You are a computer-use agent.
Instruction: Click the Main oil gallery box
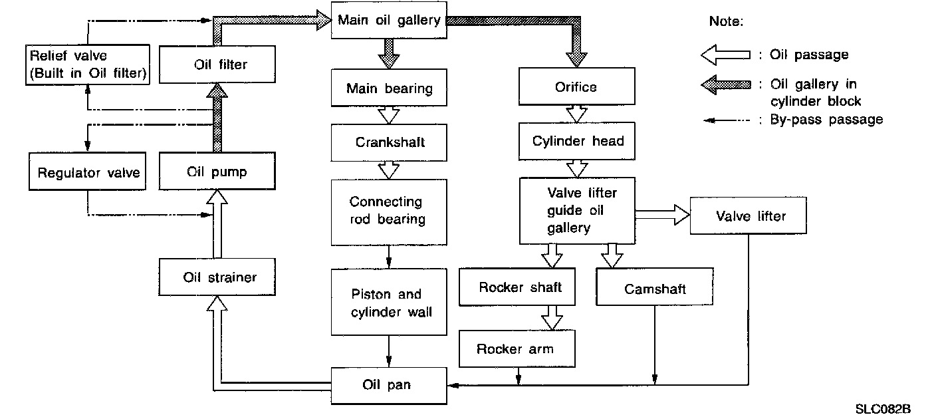point(389,21)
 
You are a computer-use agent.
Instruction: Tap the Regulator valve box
point(88,173)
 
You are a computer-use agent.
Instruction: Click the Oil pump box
point(216,172)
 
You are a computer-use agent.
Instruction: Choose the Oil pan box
point(389,385)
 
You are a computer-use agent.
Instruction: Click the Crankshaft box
point(389,142)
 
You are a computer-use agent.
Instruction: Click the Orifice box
point(576,87)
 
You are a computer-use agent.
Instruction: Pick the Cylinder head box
point(578,142)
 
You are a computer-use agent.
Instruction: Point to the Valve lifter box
point(750,216)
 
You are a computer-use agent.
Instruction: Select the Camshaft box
point(655,289)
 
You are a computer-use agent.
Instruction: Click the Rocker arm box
point(515,349)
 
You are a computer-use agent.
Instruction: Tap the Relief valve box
point(87,65)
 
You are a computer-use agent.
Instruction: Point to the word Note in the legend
point(726,21)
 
